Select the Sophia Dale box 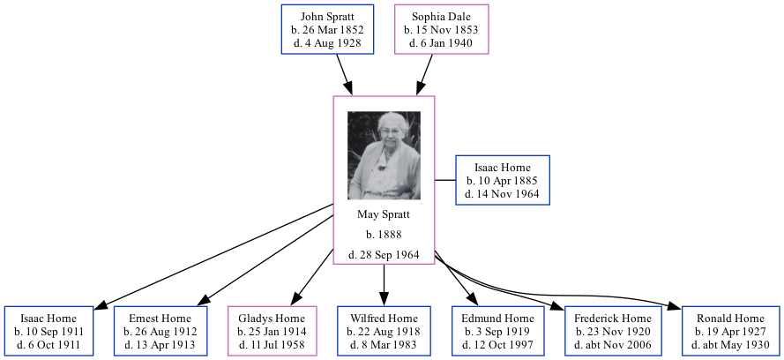pos(441,29)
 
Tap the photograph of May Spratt pos(385,155)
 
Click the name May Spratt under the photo pos(384,214)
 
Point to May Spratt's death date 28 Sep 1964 pos(384,255)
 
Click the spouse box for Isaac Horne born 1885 pos(503,180)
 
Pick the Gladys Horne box pos(272,331)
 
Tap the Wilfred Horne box pos(384,331)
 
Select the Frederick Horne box pos(612,331)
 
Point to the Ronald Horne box pos(731,331)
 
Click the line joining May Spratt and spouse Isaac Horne pos(445,180)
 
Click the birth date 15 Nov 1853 pos(441,29)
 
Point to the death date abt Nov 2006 pos(612,344)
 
